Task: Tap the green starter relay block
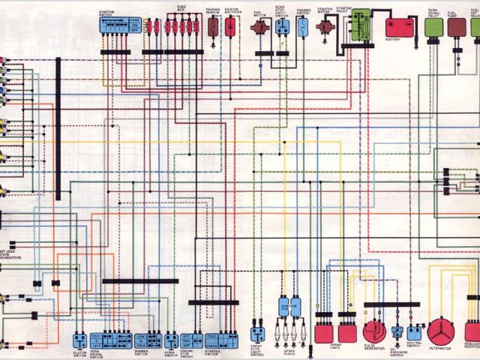click(x=363, y=25)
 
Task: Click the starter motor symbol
click(x=325, y=27)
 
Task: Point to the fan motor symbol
click(x=260, y=27)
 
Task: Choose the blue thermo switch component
click(x=302, y=27)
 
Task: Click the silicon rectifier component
click(x=231, y=27)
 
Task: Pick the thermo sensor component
click(x=213, y=27)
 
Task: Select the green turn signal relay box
click(x=433, y=27)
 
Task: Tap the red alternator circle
click(x=440, y=331)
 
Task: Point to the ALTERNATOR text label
click(x=441, y=349)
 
